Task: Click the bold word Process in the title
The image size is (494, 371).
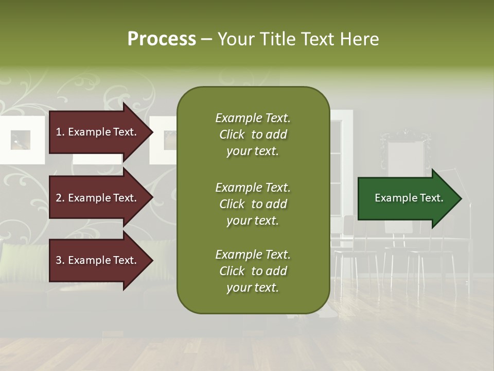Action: pyautogui.click(x=162, y=39)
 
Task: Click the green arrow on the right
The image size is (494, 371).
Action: pyautogui.click(x=407, y=198)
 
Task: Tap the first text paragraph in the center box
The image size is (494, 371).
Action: pyautogui.click(x=253, y=134)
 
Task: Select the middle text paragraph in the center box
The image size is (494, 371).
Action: pyautogui.click(x=253, y=204)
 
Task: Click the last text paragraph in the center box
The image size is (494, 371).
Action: pyautogui.click(x=253, y=271)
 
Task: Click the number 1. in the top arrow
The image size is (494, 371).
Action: pyautogui.click(x=60, y=132)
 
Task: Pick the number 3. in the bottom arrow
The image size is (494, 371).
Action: pyautogui.click(x=60, y=261)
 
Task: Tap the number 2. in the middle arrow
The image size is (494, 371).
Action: pyautogui.click(x=60, y=198)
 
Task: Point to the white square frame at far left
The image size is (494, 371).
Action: pyautogui.click(x=21, y=140)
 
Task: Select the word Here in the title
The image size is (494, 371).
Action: pyautogui.click(x=360, y=39)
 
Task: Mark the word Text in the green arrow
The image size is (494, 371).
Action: pyautogui.click(x=431, y=198)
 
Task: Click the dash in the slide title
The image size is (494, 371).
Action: pyautogui.click(x=206, y=40)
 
